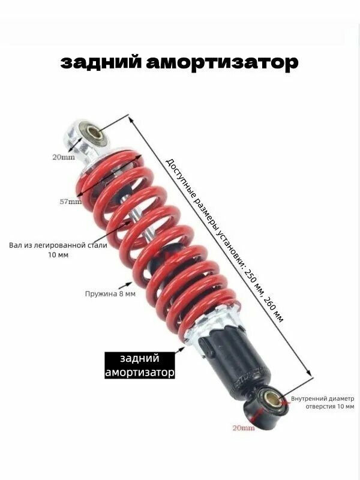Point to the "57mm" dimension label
[x=71, y=202]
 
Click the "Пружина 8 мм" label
[x=109, y=294]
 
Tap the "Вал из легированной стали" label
[x=58, y=245]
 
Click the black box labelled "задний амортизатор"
[x=140, y=365]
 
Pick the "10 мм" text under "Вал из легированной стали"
[x=58, y=255]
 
